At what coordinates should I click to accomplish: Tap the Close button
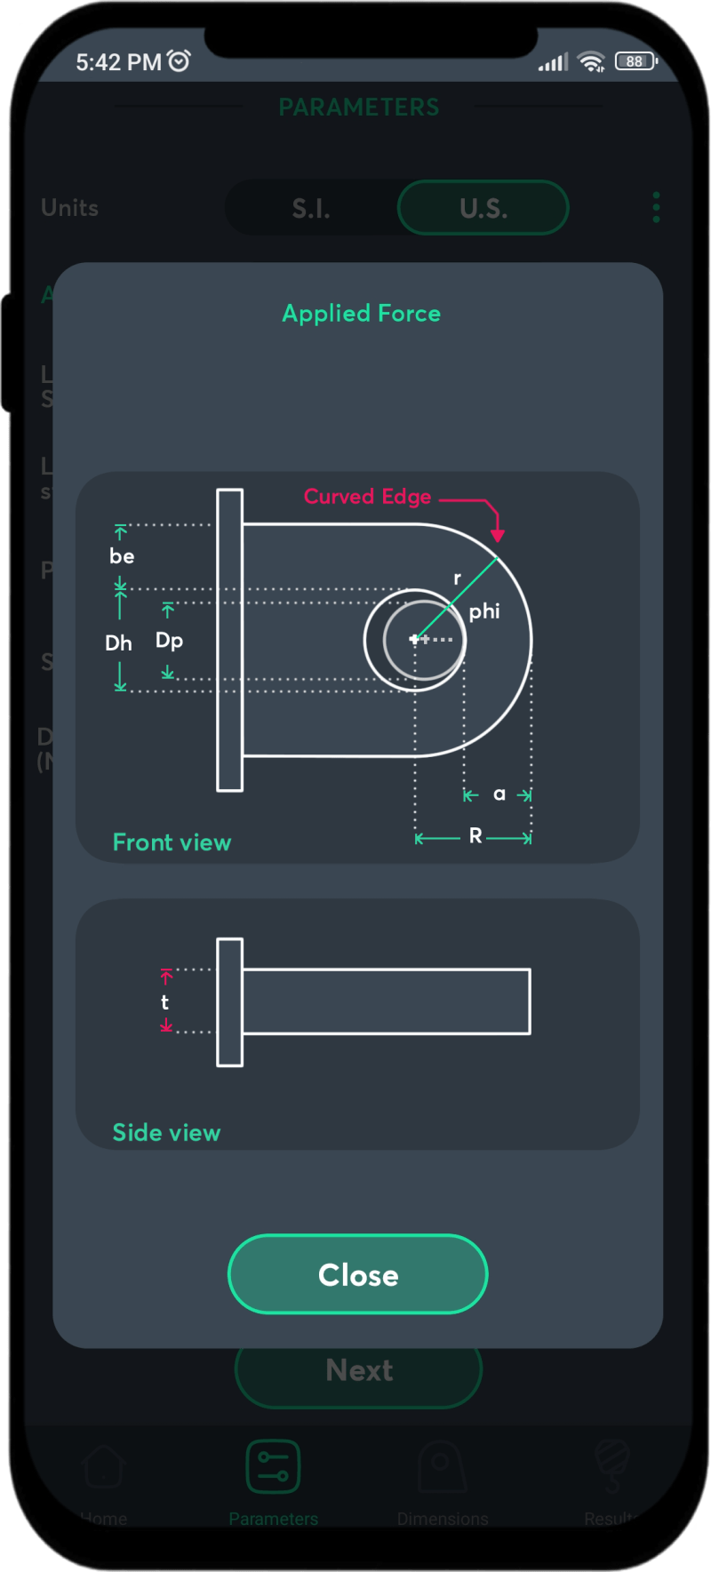(358, 1274)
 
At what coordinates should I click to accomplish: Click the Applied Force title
(361, 314)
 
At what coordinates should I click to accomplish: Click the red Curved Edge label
(367, 497)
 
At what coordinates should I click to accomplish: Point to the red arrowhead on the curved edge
(498, 534)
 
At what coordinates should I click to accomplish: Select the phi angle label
(484, 611)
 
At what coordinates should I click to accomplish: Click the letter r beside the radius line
(457, 579)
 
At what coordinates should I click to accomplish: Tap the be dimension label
(122, 556)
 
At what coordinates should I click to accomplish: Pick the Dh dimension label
(118, 642)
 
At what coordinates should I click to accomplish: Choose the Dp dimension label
(169, 641)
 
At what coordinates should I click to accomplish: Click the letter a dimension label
(499, 794)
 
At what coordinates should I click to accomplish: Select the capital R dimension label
(475, 836)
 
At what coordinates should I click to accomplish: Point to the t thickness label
(164, 1002)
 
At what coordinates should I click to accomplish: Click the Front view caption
(172, 842)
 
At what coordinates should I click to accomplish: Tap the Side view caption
(166, 1133)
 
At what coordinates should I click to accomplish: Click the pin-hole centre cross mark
(415, 639)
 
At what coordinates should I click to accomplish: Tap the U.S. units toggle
(483, 208)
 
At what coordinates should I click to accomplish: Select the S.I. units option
(311, 209)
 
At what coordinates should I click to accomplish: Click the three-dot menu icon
(656, 208)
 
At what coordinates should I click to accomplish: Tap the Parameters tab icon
(273, 1466)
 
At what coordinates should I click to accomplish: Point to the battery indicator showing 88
(635, 61)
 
